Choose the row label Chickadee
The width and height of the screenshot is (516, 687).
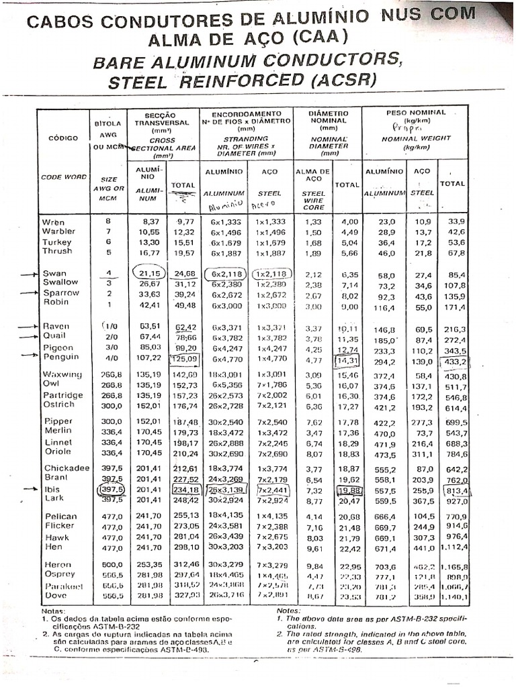[x=64, y=468]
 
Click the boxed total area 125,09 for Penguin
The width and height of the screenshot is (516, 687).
[x=183, y=359]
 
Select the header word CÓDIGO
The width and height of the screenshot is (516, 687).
[x=63, y=138]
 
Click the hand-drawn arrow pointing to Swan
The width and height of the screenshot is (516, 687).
[x=26, y=274]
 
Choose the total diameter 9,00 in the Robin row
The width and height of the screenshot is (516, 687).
[x=348, y=307]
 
